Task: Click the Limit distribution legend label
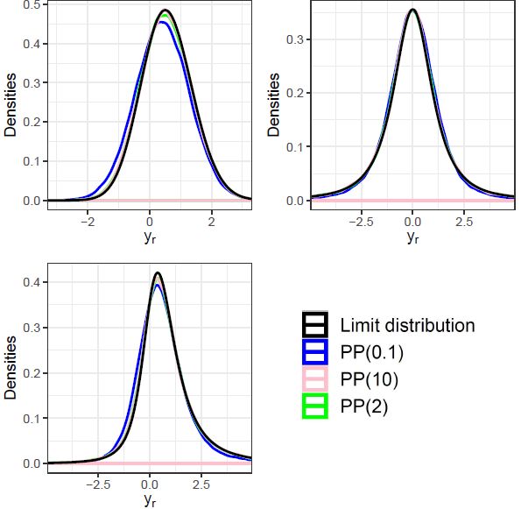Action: (407, 325)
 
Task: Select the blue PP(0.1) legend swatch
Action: (314, 352)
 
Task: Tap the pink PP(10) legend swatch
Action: (314, 379)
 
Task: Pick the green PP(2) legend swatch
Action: (314, 406)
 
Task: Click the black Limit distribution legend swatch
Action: (314, 325)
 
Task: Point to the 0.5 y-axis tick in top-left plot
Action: (31, 4)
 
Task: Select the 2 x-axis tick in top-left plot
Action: (211, 221)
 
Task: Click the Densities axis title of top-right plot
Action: (274, 104)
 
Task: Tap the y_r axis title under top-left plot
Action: (149, 237)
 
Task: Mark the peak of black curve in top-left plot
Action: (165, 11)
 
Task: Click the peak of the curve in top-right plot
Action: (412, 10)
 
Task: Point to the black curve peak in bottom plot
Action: (158, 272)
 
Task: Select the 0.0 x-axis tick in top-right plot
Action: (412, 221)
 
